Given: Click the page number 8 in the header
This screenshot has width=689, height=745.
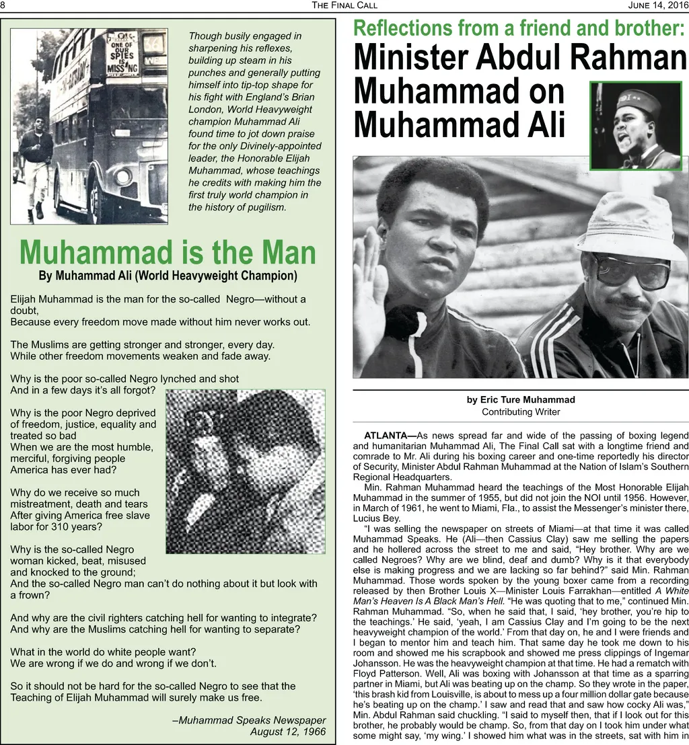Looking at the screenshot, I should [3, 6].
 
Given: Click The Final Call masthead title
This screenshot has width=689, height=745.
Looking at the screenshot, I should [344, 6].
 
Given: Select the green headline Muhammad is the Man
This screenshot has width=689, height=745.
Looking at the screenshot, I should [168, 253].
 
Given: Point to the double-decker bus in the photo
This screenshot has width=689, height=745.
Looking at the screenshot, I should [108, 128].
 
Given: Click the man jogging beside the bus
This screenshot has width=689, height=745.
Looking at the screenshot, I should [34, 165].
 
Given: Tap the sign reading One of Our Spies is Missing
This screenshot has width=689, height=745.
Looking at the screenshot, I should [123, 54].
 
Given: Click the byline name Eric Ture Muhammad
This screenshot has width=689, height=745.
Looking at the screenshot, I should [521, 399].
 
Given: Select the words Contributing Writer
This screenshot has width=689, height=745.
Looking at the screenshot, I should [521, 411].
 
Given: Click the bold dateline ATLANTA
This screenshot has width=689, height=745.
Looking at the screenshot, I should [390, 435].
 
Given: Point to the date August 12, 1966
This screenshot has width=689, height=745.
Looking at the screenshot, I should [287, 731].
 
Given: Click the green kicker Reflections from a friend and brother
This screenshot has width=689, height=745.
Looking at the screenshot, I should [519, 29].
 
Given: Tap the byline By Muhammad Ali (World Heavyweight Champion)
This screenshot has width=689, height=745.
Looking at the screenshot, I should [168, 276].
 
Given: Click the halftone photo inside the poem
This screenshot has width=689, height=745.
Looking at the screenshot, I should [245, 471].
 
